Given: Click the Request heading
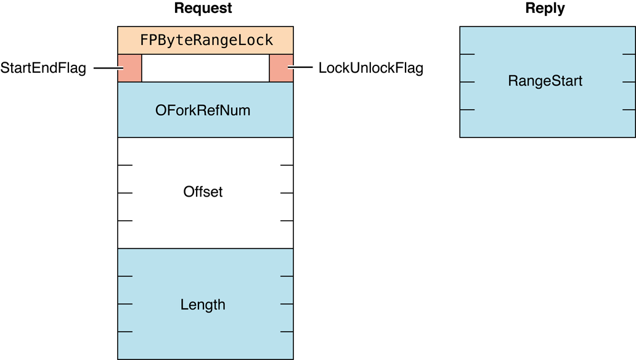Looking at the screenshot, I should tap(203, 8).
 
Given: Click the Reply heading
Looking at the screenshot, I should tap(545, 8).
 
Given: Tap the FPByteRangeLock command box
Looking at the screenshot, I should tap(205, 41).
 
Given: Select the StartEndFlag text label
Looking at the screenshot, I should tap(43, 68).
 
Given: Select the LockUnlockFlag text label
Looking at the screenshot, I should tap(370, 68).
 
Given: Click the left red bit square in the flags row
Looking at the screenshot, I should tap(129, 68).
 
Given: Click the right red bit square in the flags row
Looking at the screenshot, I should tap(281, 68).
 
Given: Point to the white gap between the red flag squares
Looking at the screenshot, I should tap(205, 68).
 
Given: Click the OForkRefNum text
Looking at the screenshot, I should tap(203, 111).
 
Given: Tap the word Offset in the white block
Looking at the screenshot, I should tap(203, 192).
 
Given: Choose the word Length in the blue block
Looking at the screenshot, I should tap(203, 305).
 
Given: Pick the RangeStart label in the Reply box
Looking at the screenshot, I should tap(545, 81).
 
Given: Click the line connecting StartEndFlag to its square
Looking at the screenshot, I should tap(105, 68).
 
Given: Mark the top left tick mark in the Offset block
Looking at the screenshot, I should tap(125, 165).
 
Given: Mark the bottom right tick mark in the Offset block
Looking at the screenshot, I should tap(287, 221).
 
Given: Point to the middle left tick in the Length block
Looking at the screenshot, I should tap(125, 304).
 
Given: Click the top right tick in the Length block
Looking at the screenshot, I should tap(287, 276).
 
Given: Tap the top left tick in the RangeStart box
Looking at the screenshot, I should tap(467, 54).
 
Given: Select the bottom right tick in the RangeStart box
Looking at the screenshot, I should tap(629, 110).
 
